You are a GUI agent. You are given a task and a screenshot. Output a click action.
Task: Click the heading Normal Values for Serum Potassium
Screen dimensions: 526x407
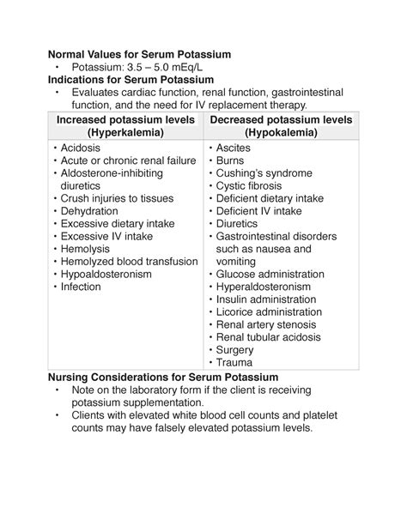pos(139,54)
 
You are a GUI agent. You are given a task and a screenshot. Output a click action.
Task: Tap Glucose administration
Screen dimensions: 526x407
pos(270,275)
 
